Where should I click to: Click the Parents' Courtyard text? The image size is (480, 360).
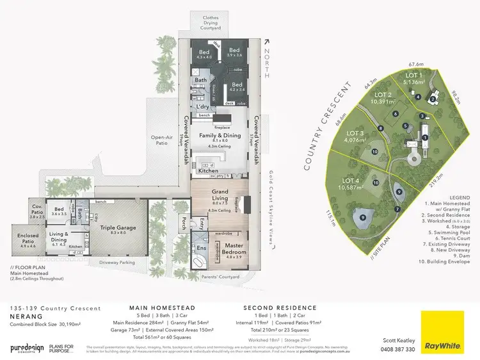point(220,277)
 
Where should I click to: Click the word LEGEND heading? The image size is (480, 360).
point(447,198)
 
